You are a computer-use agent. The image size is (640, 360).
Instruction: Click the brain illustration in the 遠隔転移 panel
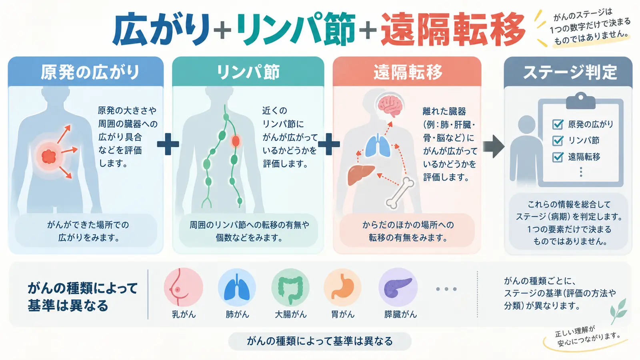click(390, 106)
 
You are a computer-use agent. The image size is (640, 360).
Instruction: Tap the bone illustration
click(400, 192)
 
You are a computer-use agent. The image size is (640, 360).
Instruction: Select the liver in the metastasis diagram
click(361, 174)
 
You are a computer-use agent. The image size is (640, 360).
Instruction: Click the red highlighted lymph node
click(236, 141)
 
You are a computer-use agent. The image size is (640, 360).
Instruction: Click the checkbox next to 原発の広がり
click(558, 124)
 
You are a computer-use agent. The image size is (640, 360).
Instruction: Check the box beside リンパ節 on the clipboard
click(558, 140)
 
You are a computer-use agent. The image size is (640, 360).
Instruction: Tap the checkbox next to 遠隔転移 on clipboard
click(558, 157)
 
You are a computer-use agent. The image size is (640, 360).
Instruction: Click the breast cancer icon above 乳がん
click(184, 288)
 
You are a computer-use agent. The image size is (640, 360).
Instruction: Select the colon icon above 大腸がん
click(290, 288)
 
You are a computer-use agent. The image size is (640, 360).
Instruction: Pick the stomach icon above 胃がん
click(342, 288)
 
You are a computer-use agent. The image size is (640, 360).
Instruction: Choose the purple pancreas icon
click(398, 287)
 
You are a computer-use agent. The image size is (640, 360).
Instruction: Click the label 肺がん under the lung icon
click(237, 314)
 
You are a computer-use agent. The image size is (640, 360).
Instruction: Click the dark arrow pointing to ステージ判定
click(494, 146)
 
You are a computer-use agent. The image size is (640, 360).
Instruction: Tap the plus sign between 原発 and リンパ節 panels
click(168, 144)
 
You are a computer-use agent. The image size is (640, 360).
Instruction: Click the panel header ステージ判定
click(570, 72)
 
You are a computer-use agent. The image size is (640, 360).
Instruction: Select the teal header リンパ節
click(248, 72)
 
